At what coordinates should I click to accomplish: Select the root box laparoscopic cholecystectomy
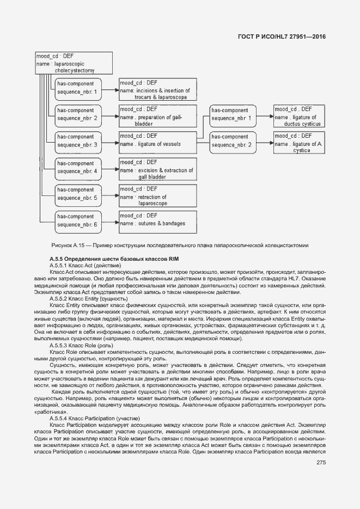tap(74, 63)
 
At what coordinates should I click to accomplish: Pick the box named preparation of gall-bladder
tap(158, 116)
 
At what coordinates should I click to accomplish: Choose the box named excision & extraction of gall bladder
tap(158, 169)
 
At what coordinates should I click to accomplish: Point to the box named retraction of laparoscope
tap(158, 196)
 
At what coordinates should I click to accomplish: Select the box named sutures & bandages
tap(158, 223)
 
